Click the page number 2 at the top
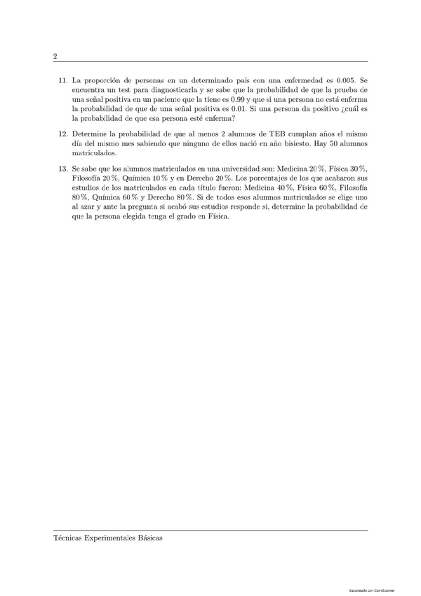click(55, 56)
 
